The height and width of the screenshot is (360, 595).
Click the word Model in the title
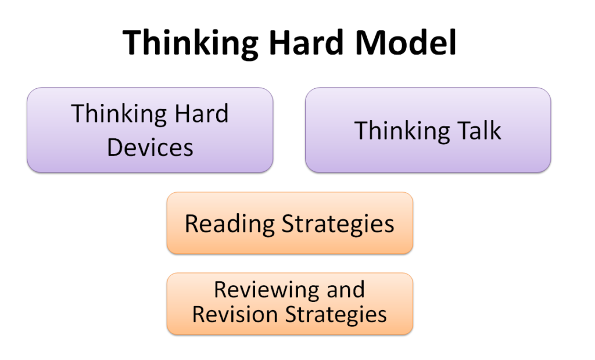[x=406, y=42]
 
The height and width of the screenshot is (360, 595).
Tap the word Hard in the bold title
[x=307, y=42]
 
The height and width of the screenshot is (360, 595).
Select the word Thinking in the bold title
[x=191, y=44]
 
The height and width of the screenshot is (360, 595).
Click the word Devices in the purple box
[x=150, y=147]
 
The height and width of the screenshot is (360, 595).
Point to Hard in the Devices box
[x=202, y=113]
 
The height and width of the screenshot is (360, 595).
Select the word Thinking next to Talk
[x=402, y=132]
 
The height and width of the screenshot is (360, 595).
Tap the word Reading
[x=230, y=225]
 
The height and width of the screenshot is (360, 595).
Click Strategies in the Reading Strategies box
[x=338, y=225]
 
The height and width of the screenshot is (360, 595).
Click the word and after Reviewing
[x=346, y=290]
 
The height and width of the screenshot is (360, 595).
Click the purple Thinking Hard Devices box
[x=150, y=130]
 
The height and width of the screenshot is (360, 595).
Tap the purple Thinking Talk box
[x=428, y=130]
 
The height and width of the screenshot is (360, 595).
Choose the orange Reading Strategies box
[x=290, y=223]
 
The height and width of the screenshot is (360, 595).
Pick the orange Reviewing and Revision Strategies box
[x=290, y=304]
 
